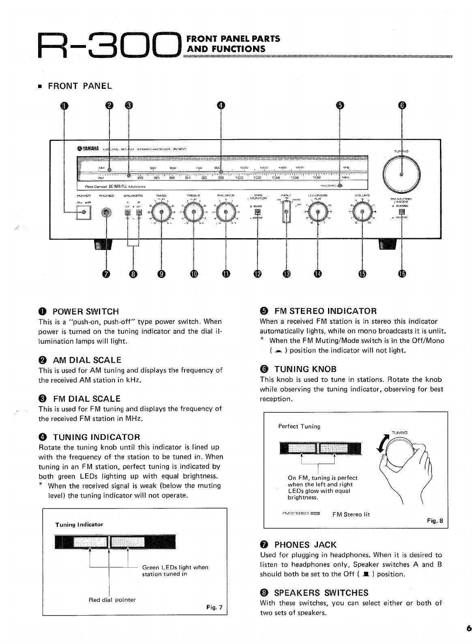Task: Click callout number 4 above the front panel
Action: coord(220,106)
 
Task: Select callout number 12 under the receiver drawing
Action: coord(257,274)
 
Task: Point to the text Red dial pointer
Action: coord(112,600)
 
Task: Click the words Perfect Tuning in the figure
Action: coord(299,426)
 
